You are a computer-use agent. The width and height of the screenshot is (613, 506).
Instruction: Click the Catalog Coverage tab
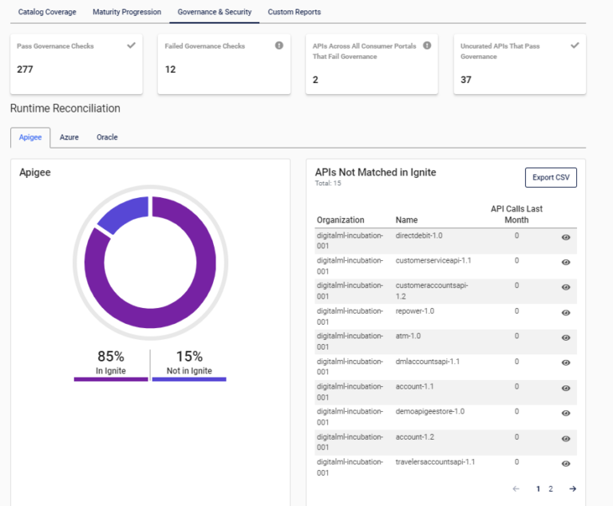click(47, 12)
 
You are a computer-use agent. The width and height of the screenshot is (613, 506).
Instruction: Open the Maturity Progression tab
click(126, 12)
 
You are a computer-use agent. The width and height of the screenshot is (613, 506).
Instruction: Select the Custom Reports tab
click(294, 12)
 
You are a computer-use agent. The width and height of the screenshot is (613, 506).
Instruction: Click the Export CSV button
click(550, 177)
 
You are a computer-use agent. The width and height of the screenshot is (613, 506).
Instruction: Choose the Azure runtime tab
click(69, 137)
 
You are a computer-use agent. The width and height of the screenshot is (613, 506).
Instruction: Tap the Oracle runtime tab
click(107, 137)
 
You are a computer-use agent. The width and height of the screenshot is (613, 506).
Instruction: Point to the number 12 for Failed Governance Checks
click(170, 69)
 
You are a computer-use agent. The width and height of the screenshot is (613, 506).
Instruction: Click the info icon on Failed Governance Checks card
click(279, 45)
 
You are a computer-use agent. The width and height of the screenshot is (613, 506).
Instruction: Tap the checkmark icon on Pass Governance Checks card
click(131, 45)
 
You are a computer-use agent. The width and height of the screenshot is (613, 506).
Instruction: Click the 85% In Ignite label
click(110, 362)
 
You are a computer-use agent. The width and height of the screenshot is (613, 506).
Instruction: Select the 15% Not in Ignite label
click(189, 362)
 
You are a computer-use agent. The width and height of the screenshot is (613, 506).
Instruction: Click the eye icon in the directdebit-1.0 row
click(566, 237)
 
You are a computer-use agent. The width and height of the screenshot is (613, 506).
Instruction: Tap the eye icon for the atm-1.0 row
click(566, 338)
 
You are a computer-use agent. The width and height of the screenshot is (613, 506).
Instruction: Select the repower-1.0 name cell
click(415, 311)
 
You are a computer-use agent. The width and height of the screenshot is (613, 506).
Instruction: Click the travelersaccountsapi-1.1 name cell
click(435, 462)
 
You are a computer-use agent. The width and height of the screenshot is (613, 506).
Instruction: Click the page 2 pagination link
click(551, 488)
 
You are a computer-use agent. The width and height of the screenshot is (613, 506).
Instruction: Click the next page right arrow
click(572, 488)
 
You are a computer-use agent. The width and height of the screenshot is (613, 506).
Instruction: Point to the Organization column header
click(340, 220)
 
